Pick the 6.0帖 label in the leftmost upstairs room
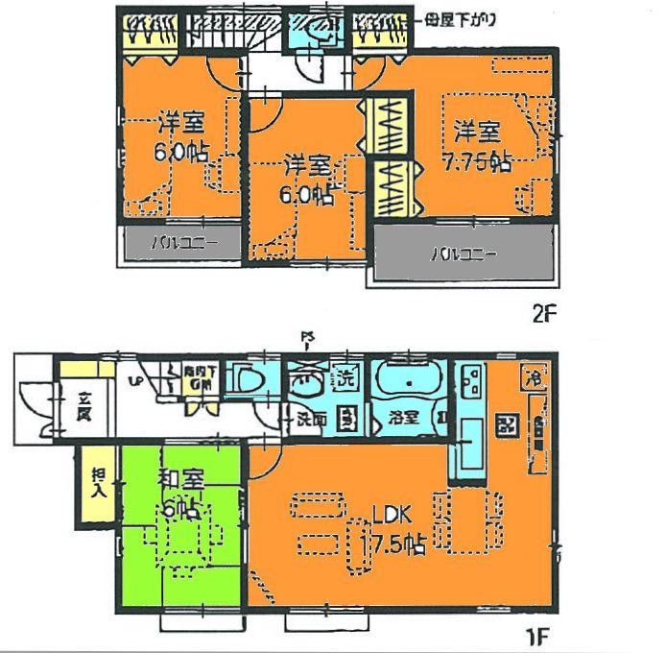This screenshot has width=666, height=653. pyautogui.click(x=180, y=138)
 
